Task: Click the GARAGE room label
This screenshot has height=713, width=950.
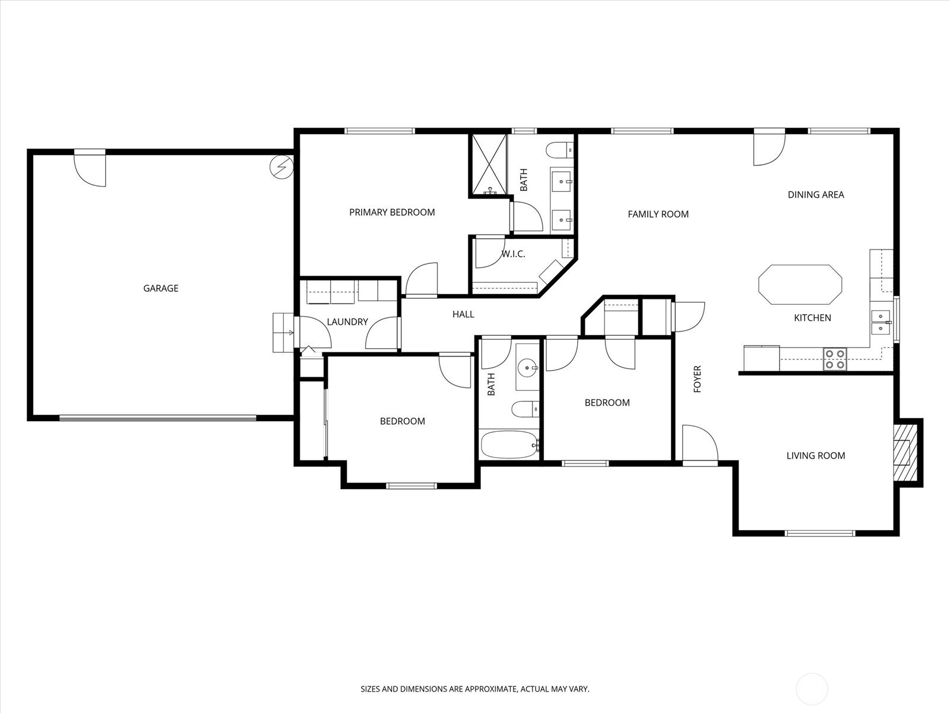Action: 160,288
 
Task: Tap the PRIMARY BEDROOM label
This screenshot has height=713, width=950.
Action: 392,212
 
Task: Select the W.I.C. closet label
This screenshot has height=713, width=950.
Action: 514,254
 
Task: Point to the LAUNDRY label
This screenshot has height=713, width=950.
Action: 347,322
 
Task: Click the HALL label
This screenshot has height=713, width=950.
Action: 463,314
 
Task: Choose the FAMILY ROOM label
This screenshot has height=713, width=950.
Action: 658,214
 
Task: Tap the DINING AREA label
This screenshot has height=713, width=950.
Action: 815,195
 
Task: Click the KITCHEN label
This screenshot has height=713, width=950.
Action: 812,318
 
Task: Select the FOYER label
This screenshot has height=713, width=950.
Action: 697,379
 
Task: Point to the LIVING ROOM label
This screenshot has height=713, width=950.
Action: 815,455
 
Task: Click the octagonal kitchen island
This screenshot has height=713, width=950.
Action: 800,285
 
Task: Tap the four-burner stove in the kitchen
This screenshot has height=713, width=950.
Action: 835,359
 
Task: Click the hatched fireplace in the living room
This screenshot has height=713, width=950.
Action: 905,452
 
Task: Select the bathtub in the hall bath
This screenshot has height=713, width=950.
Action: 510,444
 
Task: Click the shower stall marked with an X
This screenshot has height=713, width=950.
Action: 489,164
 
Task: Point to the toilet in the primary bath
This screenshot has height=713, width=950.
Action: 560,151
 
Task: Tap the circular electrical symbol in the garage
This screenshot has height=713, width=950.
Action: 281,166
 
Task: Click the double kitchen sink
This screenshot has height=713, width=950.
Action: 881,323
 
